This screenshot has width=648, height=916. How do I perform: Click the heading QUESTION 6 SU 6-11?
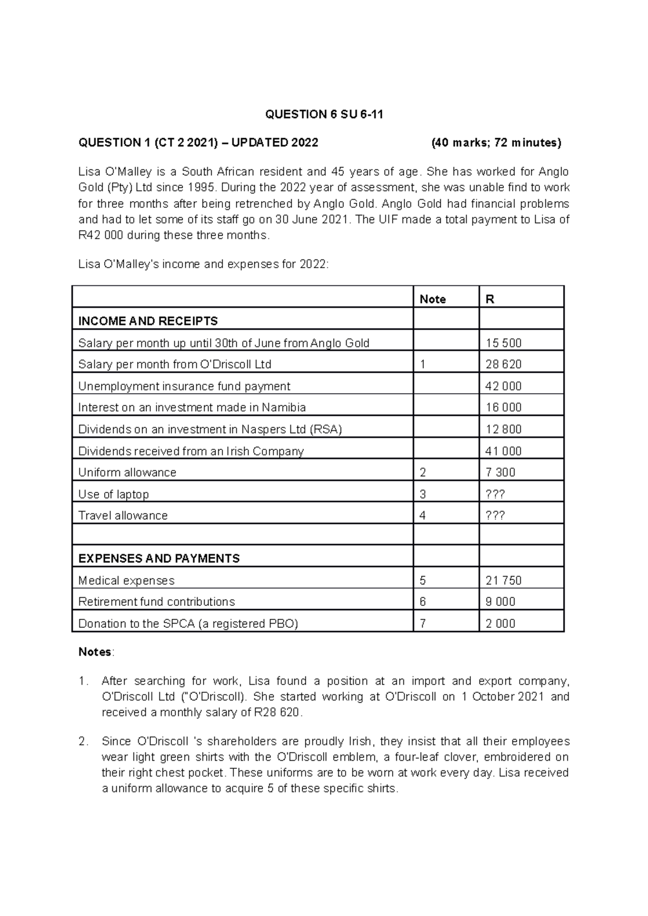tap(324, 114)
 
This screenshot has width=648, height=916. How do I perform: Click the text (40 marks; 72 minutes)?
tap(496, 143)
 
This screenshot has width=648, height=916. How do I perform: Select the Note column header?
tap(433, 299)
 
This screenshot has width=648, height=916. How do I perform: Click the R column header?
tap(490, 299)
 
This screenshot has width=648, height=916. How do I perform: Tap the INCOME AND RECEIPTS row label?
tap(148, 321)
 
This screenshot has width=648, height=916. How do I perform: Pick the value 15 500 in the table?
tap(503, 343)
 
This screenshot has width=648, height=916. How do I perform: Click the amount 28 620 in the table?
tap(503, 365)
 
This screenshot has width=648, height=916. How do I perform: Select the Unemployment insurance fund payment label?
tap(184, 386)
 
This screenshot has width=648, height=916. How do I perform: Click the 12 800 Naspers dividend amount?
tap(503, 429)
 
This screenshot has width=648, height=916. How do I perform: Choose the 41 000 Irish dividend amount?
tap(503, 451)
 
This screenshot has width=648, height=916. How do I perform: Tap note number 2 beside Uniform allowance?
tap(423, 473)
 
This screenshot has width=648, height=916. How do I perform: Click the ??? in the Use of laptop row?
tap(495, 494)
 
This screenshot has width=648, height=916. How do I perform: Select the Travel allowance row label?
tap(123, 516)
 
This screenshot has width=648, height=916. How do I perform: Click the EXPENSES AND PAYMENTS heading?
tap(159, 559)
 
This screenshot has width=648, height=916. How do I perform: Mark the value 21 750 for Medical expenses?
tap(503, 581)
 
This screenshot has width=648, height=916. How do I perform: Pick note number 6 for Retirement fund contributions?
tap(423, 602)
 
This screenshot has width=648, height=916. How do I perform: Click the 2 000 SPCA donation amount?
tap(501, 624)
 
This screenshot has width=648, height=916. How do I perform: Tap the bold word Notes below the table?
tap(94, 652)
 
